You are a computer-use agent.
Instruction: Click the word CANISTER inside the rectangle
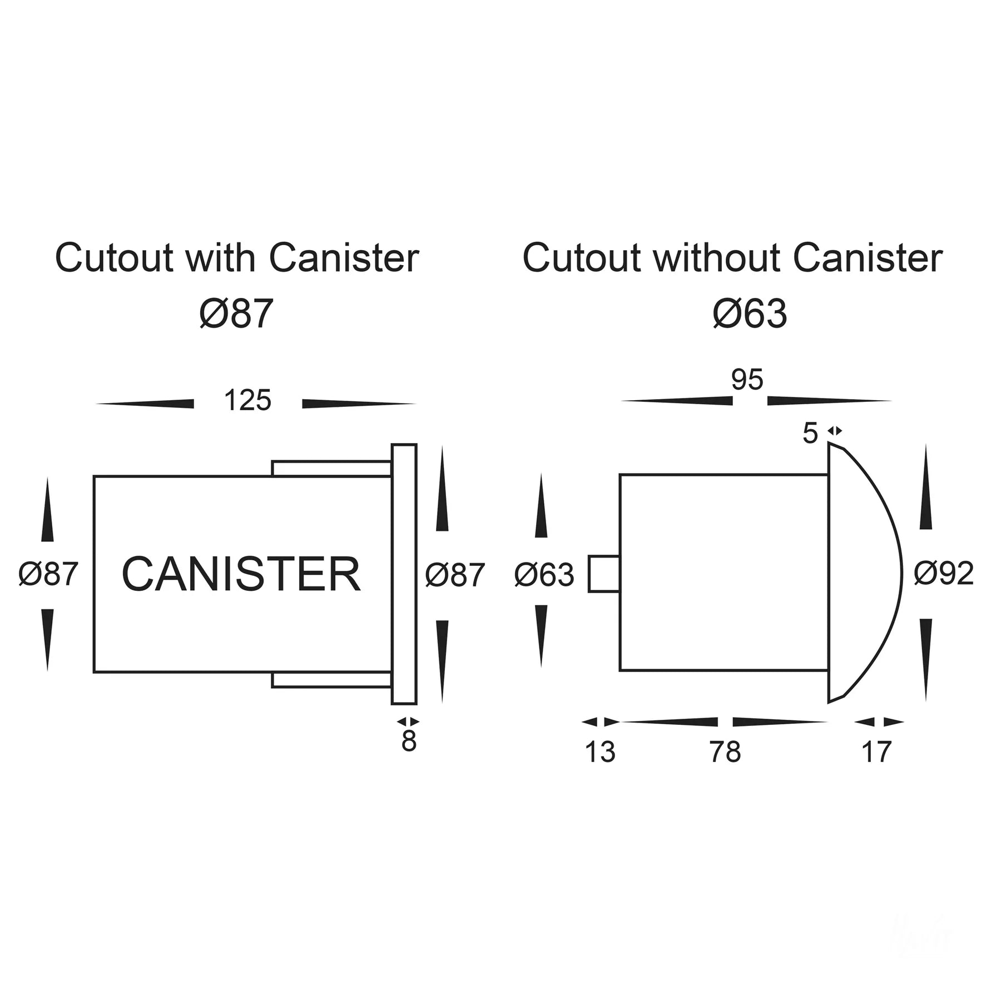[x=241, y=574]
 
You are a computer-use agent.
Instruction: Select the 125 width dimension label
[x=247, y=400]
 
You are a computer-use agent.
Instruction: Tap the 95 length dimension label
[x=747, y=380]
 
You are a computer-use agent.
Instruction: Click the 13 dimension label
[x=599, y=752]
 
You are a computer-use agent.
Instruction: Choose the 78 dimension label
[x=725, y=752]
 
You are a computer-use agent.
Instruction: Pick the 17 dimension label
[x=876, y=752]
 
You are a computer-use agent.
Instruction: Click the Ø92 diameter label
[x=944, y=573]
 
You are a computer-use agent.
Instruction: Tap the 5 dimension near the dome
[x=810, y=433]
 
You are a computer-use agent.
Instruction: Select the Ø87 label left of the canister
[x=48, y=574]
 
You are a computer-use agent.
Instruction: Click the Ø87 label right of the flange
[x=455, y=574]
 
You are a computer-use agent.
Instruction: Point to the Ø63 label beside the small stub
[x=544, y=574]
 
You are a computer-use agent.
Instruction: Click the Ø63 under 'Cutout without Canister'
[x=750, y=314]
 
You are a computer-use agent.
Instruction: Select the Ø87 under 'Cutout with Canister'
[x=236, y=314]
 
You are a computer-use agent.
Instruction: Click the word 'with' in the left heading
[x=220, y=258]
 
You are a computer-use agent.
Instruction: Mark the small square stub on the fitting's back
[x=604, y=574]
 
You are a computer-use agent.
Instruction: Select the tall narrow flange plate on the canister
[x=404, y=574]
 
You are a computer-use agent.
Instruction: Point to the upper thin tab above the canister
[x=331, y=469]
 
